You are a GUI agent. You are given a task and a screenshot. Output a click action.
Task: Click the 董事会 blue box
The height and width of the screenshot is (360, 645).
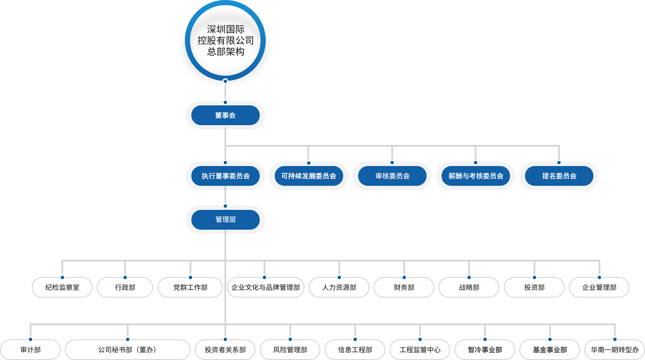point(225,115)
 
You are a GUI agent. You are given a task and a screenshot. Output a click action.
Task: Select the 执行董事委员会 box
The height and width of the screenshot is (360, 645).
point(225,176)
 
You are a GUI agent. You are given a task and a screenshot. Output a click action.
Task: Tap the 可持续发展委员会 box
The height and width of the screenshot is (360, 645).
point(309,176)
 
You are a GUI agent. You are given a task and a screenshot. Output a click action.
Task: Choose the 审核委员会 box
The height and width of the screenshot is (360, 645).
point(392,176)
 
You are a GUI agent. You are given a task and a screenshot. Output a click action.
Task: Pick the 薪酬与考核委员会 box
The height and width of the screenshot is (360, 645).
point(476,176)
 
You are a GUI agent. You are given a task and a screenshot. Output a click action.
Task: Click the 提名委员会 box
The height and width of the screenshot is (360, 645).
point(559,176)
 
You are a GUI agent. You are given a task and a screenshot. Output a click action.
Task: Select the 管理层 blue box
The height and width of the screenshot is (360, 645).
point(225,220)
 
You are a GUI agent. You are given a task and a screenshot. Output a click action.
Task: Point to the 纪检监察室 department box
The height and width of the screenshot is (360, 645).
point(62,287)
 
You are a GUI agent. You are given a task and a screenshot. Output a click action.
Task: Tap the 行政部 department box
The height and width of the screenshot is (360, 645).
point(125,287)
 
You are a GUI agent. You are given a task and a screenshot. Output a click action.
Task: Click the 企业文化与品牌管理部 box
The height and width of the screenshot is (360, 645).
point(265,287)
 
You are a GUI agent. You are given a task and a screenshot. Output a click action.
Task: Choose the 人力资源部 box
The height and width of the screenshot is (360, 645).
point(339,287)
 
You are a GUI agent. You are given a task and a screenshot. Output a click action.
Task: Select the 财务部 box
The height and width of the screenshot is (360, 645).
point(404,287)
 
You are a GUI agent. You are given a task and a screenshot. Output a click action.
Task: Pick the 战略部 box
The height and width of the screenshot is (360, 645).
point(469,287)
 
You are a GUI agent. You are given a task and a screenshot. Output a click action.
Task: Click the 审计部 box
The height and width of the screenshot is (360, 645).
point(31,350)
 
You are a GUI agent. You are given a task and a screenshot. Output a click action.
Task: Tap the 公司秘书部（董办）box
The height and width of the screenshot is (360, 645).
point(128,350)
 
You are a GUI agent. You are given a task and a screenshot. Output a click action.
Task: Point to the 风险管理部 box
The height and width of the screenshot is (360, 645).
point(290,350)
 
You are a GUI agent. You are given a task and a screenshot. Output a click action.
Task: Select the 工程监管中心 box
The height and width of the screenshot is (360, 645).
point(420,350)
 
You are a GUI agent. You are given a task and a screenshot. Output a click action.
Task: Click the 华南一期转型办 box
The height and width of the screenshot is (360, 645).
point(615,350)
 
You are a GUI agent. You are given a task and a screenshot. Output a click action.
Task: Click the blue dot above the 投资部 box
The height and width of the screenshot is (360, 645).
point(534,277)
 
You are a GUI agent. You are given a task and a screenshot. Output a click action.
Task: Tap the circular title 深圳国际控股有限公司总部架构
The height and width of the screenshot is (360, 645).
point(225,40)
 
